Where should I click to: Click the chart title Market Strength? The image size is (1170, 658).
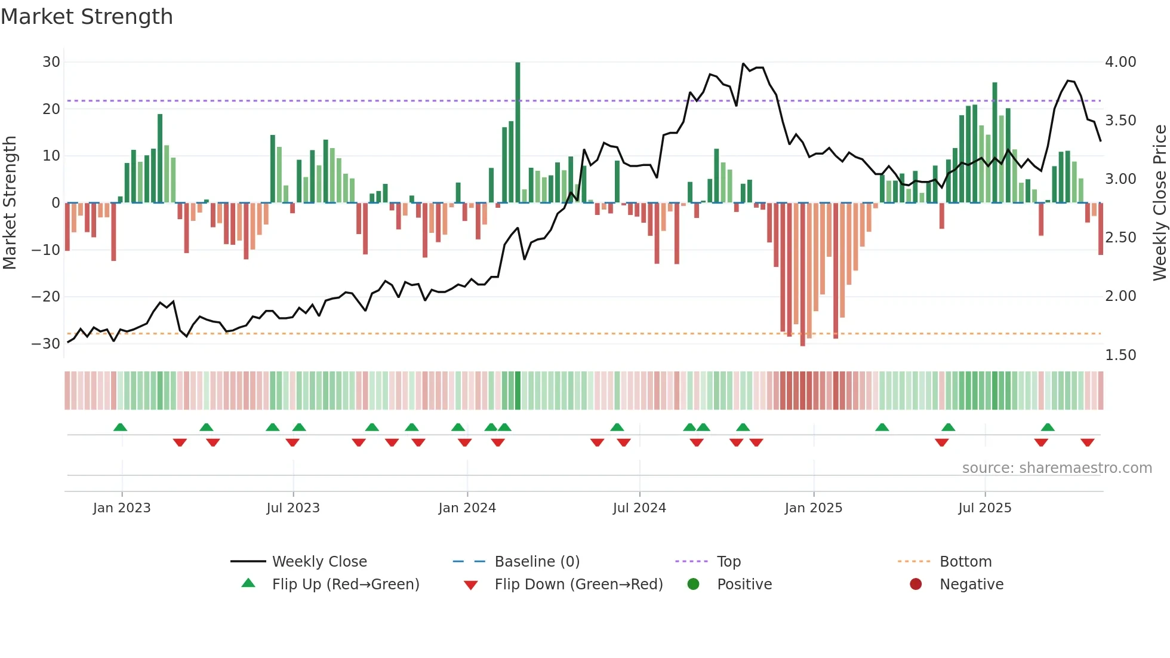coord(87,17)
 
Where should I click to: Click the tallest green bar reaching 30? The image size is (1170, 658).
coord(518,131)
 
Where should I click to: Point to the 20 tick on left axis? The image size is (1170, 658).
coord(51,109)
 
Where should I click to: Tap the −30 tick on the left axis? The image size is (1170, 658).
coord(46,343)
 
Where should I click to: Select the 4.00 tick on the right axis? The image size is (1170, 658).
coord(1120,62)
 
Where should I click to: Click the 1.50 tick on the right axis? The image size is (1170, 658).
coord(1120,355)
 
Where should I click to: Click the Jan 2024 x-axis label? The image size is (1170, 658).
coord(467,508)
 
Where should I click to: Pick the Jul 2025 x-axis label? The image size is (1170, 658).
coord(985,508)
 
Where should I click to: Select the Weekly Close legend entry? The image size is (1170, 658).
coord(319,562)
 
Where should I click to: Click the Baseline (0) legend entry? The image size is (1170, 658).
coord(537,562)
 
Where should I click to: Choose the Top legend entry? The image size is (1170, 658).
coord(728,562)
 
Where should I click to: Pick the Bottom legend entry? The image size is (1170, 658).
coord(965,562)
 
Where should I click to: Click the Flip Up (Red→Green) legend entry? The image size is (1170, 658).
coord(345,585)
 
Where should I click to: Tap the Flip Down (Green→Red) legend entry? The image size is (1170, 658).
coord(578,585)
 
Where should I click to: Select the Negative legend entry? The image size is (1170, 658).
coord(971,585)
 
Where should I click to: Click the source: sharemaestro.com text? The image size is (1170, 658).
coord(1057,468)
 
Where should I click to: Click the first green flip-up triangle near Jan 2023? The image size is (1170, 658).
coord(120,428)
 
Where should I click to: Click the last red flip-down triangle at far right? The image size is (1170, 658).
coord(1087,442)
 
